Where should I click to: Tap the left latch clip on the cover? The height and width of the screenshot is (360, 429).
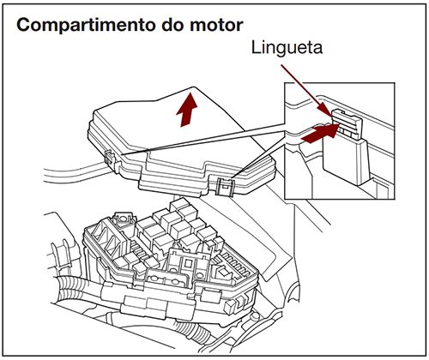coord(110,158)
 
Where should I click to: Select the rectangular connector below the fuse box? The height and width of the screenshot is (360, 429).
coord(136,304)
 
